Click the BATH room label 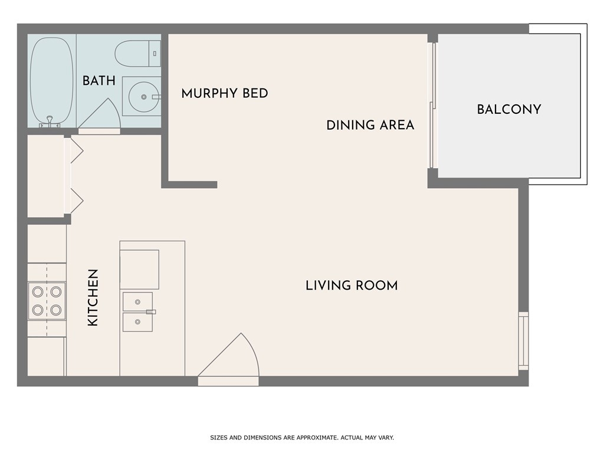coord(99,80)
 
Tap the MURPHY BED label coord(225,93)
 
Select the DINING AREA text coord(370,125)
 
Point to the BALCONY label coord(509,109)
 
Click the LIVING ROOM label coord(352,285)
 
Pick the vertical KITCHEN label coord(93,298)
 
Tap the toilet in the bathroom coord(138,54)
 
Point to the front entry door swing coord(229,358)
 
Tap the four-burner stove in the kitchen coord(47,301)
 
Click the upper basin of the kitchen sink coord(137,301)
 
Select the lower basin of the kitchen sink coord(137,322)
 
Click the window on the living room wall coord(524,341)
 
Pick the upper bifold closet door coord(75,150)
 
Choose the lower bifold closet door coord(75,201)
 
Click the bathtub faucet coord(50,122)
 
